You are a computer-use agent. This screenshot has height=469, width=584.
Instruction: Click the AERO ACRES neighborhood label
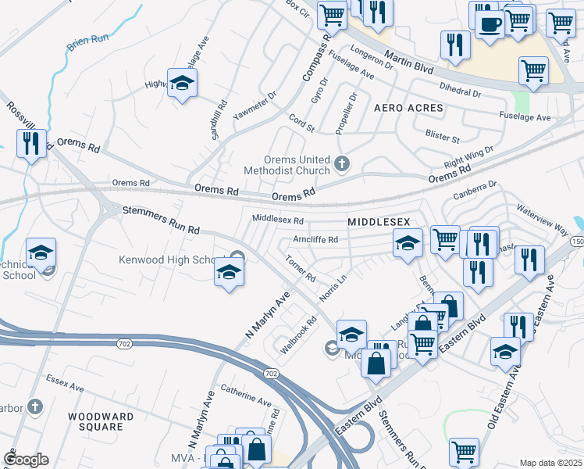click(x=408, y=107)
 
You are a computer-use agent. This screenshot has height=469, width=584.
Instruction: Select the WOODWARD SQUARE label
click(x=95, y=421)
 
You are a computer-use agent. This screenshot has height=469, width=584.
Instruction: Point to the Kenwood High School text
click(x=173, y=260)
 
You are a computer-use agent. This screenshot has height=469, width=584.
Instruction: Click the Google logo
click(x=26, y=460)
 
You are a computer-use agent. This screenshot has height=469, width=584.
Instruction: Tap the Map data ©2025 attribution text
click(x=550, y=463)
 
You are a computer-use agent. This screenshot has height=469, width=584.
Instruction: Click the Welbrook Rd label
click(x=300, y=334)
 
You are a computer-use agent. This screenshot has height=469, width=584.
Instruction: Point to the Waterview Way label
click(x=541, y=220)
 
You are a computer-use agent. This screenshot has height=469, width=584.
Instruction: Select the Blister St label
click(x=443, y=138)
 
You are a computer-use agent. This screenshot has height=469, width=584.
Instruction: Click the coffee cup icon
click(x=489, y=23)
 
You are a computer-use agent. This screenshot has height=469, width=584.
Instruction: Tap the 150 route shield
click(x=577, y=242)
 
